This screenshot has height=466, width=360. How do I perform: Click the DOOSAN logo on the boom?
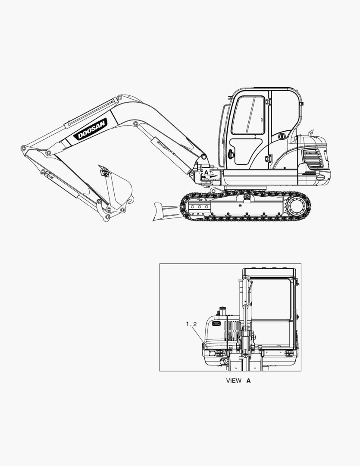click(x=91, y=129)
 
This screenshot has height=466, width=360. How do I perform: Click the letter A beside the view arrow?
click(x=206, y=172)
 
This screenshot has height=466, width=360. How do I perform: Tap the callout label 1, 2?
click(x=191, y=324)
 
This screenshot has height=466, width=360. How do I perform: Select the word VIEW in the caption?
click(x=234, y=381)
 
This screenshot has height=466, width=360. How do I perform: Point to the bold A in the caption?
click(x=249, y=381)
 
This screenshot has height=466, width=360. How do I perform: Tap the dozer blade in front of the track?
click(x=165, y=211)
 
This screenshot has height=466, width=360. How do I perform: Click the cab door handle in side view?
click(x=231, y=154)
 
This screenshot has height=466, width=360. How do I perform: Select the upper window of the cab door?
click(x=248, y=115)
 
